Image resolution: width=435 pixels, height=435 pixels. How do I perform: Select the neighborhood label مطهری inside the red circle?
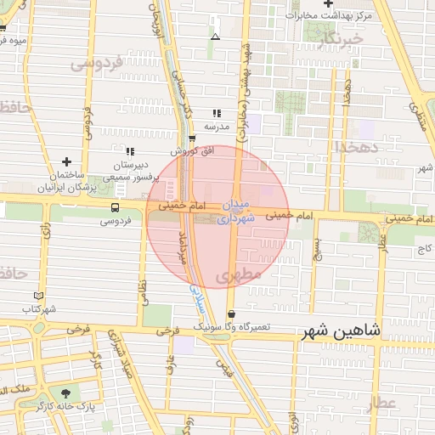point(234,276)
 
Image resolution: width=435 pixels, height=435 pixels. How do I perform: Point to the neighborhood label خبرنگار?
point(339,38)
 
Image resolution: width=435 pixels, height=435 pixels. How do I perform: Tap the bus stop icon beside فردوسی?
point(115,207)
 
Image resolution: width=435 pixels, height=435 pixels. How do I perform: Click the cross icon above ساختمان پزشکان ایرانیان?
point(66,161)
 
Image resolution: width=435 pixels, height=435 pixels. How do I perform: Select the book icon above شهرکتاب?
point(31,296)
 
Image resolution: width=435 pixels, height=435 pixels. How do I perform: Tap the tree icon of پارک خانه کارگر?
point(65,393)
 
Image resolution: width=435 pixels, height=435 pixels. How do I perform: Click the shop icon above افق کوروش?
point(192,139)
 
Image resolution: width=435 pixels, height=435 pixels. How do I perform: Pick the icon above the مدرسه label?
point(217,112)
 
